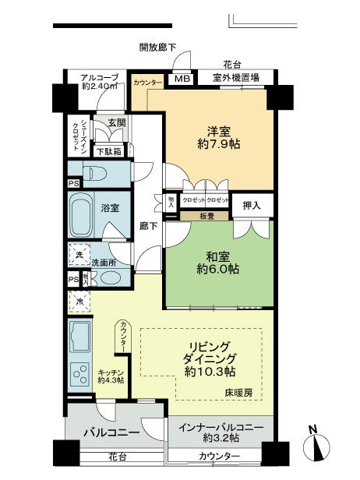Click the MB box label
(181, 79)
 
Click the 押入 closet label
(252, 204)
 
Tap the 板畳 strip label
(206, 215)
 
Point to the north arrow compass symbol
(321, 446)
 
